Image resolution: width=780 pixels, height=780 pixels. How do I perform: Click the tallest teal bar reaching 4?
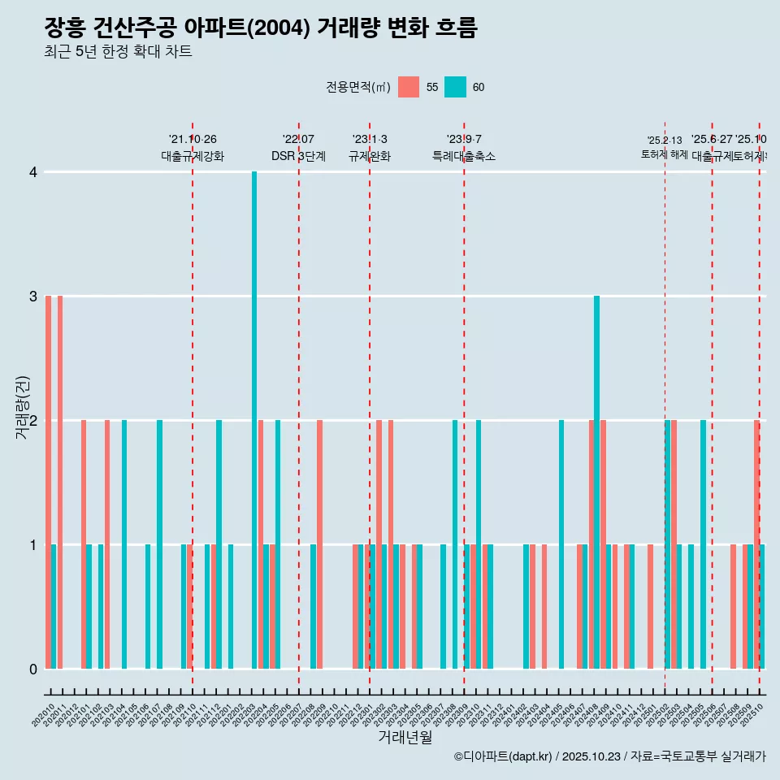(254, 419)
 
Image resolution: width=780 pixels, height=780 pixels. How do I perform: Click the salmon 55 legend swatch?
(409, 87)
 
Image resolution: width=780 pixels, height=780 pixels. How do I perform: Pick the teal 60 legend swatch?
(455, 87)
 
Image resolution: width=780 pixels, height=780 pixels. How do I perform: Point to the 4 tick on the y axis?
(32, 172)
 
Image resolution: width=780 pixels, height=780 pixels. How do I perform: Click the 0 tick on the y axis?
(32, 669)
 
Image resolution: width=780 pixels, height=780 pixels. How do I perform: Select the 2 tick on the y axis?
(32, 420)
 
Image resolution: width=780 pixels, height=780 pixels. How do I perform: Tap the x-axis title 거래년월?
(405, 737)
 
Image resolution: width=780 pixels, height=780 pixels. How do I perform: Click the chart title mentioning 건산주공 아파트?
(260, 28)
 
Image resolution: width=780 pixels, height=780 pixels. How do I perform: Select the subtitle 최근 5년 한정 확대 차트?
(118, 52)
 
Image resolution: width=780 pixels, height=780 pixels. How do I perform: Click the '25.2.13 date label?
(665, 141)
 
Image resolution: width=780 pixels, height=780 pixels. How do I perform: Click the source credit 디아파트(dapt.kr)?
(504, 756)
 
